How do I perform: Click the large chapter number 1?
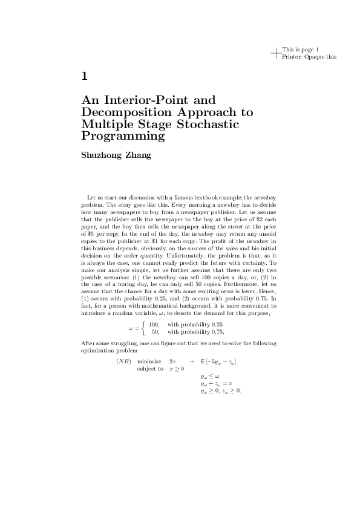(85, 76)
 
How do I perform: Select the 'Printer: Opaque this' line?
(309, 57)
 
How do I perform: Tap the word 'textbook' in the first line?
(214, 198)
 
